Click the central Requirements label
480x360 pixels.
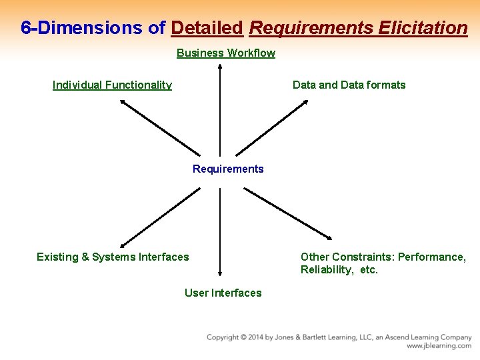click(x=228, y=169)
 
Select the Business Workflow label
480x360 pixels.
click(x=225, y=53)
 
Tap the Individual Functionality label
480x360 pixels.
click(x=112, y=85)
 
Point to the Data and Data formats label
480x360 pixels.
click(x=349, y=85)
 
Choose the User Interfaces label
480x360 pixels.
click(x=223, y=293)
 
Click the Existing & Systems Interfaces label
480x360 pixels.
click(x=113, y=257)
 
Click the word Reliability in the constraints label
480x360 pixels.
click(x=327, y=270)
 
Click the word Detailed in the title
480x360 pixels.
click(x=207, y=28)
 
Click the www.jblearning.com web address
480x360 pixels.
click(x=439, y=346)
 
